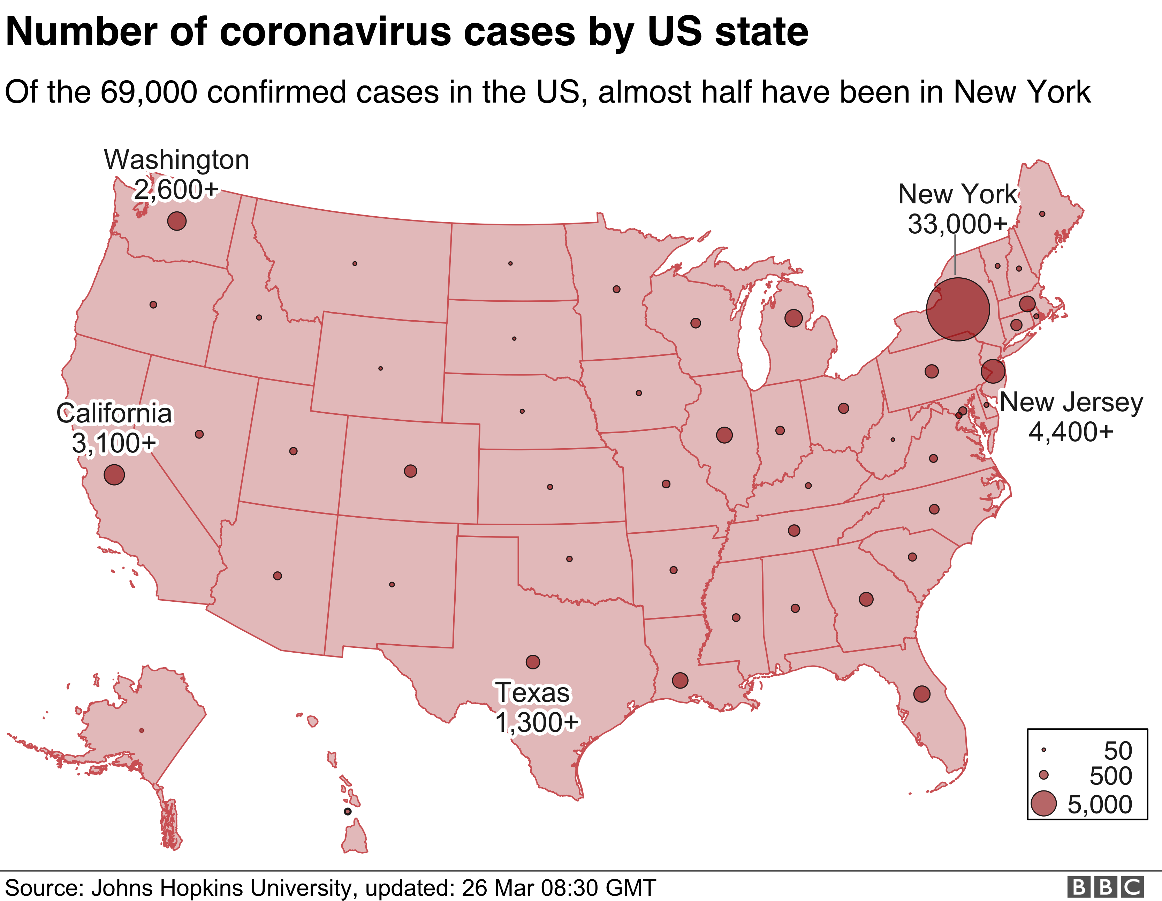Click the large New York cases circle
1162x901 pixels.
[x=958, y=309]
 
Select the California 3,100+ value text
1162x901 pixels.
[x=114, y=442]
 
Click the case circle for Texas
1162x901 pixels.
[x=533, y=662]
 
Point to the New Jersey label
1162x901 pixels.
[x=1071, y=402]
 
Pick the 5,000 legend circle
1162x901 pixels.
[x=1043, y=804]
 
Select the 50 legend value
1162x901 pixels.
[x=1118, y=751]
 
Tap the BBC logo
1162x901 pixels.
[x=1106, y=887]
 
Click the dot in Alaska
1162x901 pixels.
[x=142, y=731]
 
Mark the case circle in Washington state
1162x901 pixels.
[x=177, y=220]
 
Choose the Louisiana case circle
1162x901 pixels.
[x=680, y=680]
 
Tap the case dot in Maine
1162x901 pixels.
[x=1042, y=214]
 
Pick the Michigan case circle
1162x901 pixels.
[x=793, y=318]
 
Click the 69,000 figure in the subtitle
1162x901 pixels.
[x=149, y=92]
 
